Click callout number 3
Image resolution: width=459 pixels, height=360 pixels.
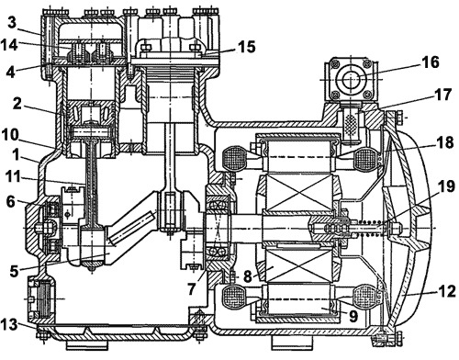click(x=11, y=23)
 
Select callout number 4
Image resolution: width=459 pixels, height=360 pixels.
click(x=11, y=72)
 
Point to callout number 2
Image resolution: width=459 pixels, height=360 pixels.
click(x=17, y=104)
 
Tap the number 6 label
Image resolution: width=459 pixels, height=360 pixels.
click(x=11, y=202)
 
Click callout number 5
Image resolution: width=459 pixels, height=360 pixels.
click(x=14, y=271)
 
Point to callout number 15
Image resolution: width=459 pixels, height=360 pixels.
click(x=247, y=47)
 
